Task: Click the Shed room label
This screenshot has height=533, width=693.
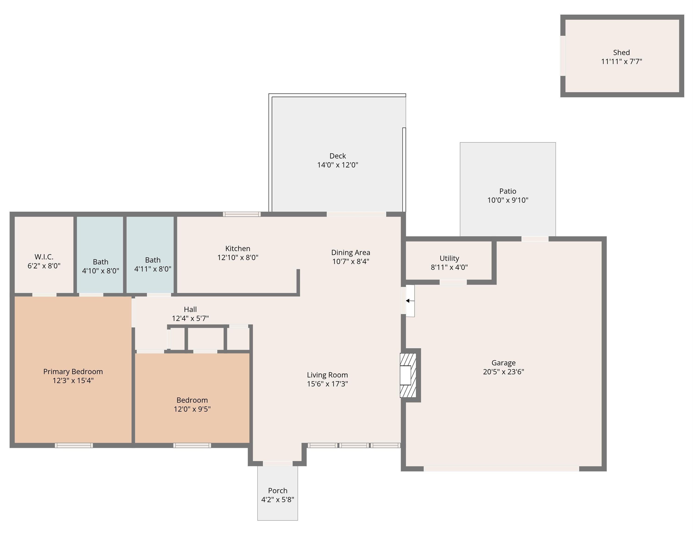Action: [x=621, y=52]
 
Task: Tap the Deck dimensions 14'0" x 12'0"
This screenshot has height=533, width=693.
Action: [x=337, y=165]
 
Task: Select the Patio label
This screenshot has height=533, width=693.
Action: [x=507, y=191]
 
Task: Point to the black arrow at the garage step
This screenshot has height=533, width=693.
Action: [x=410, y=301]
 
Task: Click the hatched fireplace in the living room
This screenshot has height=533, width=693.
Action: [x=408, y=375]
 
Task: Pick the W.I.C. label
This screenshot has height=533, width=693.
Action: [x=44, y=257]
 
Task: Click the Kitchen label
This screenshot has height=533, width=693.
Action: [x=238, y=248]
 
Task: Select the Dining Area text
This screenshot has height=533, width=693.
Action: [x=350, y=253]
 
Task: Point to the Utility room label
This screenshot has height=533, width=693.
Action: [x=449, y=258]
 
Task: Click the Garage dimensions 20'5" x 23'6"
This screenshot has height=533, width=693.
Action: [x=503, y=372]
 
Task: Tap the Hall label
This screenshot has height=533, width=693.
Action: [x=190, y=309]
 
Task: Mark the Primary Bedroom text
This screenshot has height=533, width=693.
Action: [x=73, y=372]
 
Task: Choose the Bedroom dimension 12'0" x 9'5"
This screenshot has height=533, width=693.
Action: [x=192, y=409]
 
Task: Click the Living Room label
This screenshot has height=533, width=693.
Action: [x=327, y=375]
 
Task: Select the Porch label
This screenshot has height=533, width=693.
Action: [x=278, y=490]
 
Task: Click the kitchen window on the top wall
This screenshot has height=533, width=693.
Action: [x=242, y=214]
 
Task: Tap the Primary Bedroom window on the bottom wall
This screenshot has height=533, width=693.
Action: [x=74, y=445]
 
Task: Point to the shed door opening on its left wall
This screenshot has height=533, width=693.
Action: [x=563, y=56]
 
